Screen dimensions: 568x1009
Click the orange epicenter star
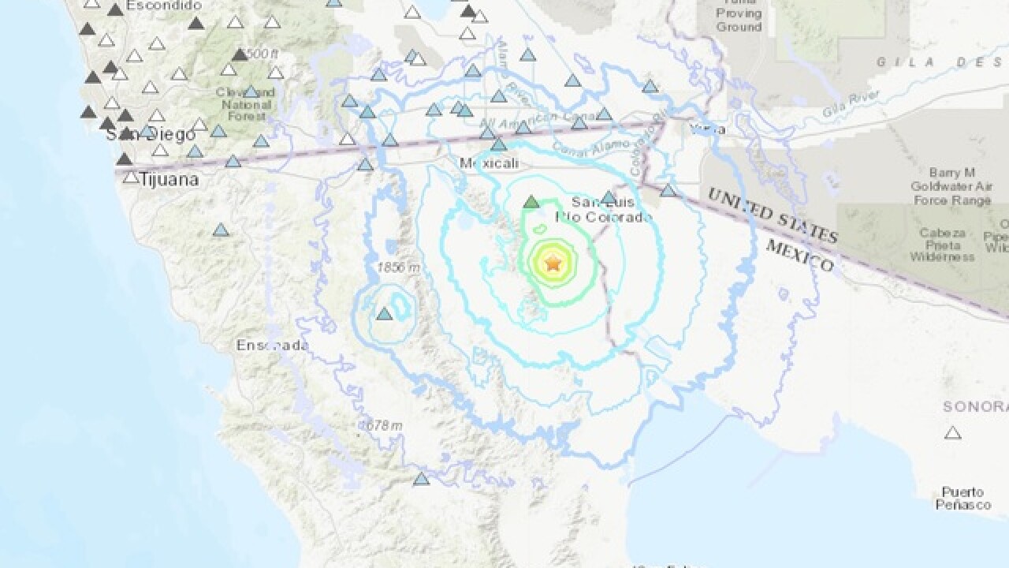point(553,263)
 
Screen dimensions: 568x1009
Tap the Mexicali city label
point(489,164)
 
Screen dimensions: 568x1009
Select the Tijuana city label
point(169,180)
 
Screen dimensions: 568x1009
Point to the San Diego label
point(151,135)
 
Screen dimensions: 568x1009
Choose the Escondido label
point(164,6)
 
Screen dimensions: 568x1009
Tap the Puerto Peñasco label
point(962,498)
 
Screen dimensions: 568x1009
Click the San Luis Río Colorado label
point(604,210)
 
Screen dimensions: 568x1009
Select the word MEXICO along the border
point(799,256)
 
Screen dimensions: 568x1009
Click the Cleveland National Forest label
point(247,104)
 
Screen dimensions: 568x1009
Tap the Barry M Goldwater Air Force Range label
point(951,187)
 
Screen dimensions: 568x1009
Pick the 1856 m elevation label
point(399,267)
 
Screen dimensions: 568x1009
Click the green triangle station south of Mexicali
point(531,202)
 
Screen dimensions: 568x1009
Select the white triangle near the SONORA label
point(953,432)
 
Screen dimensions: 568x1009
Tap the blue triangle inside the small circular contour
point(384,314)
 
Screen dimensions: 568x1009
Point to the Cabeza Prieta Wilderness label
point(942,245)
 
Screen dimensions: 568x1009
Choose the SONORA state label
point(975,406)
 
